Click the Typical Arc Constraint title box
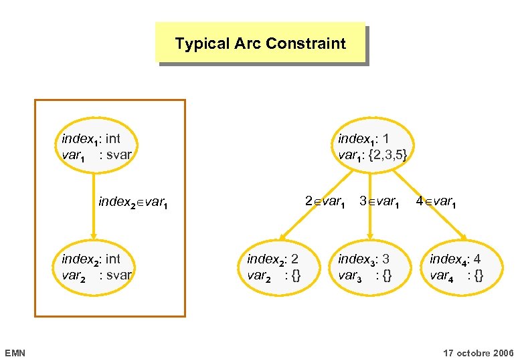[260, 43]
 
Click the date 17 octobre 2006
[478, 352]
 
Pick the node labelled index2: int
[94, 267]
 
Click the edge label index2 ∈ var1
[131, 201]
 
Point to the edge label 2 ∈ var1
[325, 201]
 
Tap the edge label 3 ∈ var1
[379, 201]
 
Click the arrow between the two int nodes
[94, 204]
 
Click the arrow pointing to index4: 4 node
[428, 207]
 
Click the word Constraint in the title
[305, 44]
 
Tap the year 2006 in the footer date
[502, 352]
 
